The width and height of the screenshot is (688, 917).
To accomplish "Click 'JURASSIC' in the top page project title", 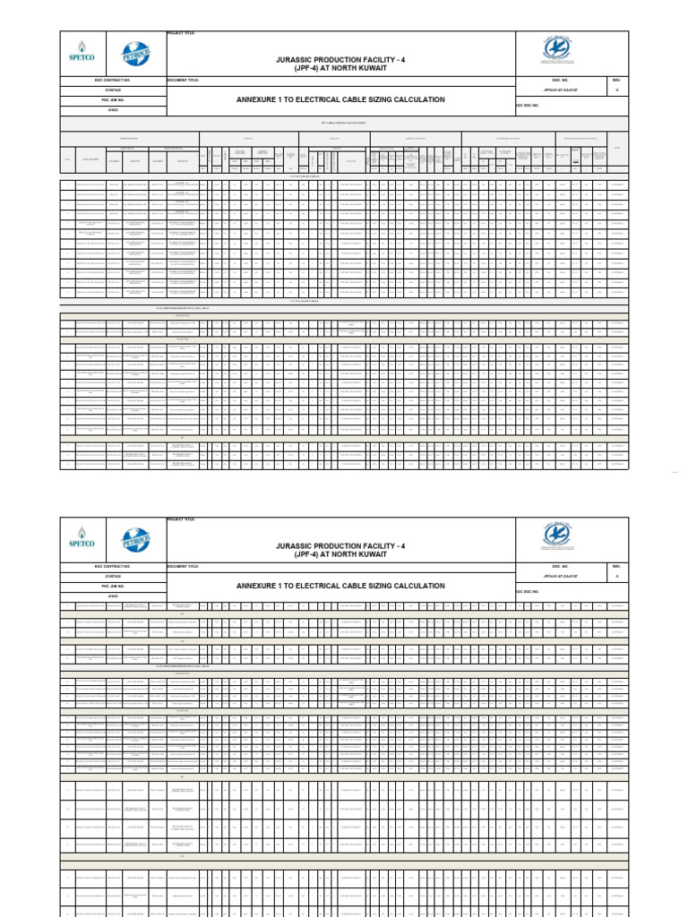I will click(299, 56).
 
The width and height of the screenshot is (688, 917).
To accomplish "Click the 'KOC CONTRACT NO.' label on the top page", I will click(113, 80).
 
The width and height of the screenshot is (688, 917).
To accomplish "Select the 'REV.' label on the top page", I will click(615, 80).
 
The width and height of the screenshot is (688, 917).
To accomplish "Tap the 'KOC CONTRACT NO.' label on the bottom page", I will click(113, 567).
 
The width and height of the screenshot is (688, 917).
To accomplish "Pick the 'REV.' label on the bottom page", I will click(615, 567).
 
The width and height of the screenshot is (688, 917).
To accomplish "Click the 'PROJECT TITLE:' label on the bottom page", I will click(181, 519).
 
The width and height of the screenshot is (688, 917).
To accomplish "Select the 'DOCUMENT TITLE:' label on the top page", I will click(184, 80).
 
